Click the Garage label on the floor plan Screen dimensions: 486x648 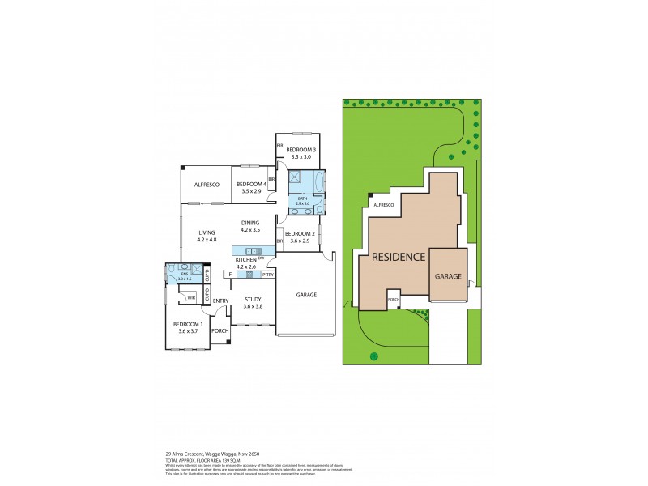pyautogui.click(x=305, y=295)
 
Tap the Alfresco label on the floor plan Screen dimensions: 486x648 pyautogui.click(x=207, y=185)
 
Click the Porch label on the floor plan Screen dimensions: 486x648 pyautogui.click(x=218, y=330)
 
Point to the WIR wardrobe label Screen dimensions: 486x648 pyautogui.click(x=192, y=298)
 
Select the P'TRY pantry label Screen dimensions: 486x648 pyautogui.click(x=266, y=275)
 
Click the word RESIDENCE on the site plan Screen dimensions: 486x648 pyautogui.click(x=398, y=257)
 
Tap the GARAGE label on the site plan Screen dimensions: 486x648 pyautogui.click(x=448, y=276)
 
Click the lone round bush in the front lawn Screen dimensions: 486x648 pyautogui.click(x=373, y=356)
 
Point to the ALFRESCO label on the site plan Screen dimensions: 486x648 pyautogui.click(x=382, y=205)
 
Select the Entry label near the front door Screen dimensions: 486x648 pyautogui.click(x=220, y=301)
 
